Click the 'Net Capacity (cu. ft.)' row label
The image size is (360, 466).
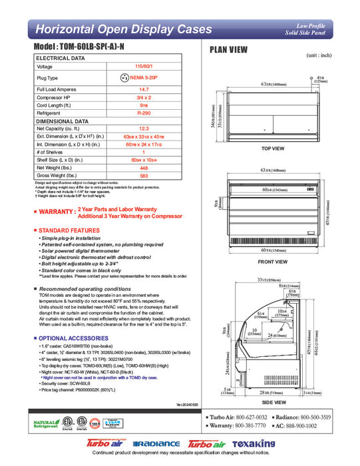60,128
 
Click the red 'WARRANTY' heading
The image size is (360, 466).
57,212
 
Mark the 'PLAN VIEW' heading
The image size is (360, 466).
230,49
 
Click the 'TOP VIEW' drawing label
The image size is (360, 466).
273,148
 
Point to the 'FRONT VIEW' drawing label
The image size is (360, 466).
273,262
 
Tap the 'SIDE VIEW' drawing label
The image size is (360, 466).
273,403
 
